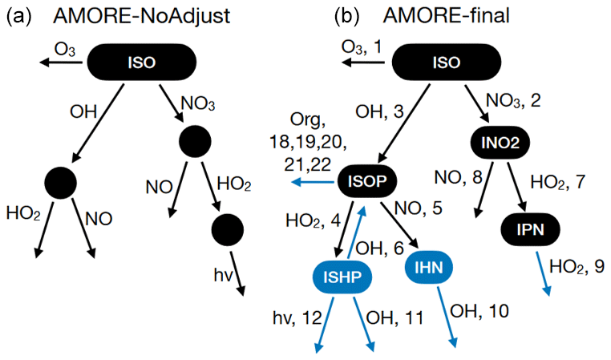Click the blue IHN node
[431, 265]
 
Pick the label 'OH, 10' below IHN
[479, 309]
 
